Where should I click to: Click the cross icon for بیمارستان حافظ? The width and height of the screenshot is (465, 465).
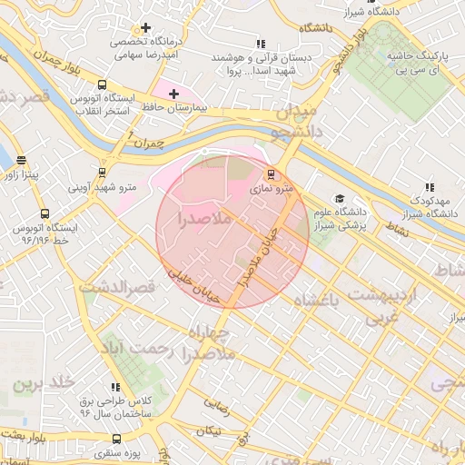pos(173,94)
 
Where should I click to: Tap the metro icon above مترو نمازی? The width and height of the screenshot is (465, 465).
pos(269,173)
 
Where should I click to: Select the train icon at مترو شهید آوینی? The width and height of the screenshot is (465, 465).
pos(102,173)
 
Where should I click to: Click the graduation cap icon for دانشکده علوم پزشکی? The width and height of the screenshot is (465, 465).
pos(339,199)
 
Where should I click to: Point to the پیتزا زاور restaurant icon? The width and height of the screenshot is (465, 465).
pos(20,160)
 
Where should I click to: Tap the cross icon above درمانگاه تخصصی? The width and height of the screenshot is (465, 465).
pos(145,28)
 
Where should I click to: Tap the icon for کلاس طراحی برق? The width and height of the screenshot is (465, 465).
pos(114,387)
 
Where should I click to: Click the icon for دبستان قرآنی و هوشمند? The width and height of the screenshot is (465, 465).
pos(261,43)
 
